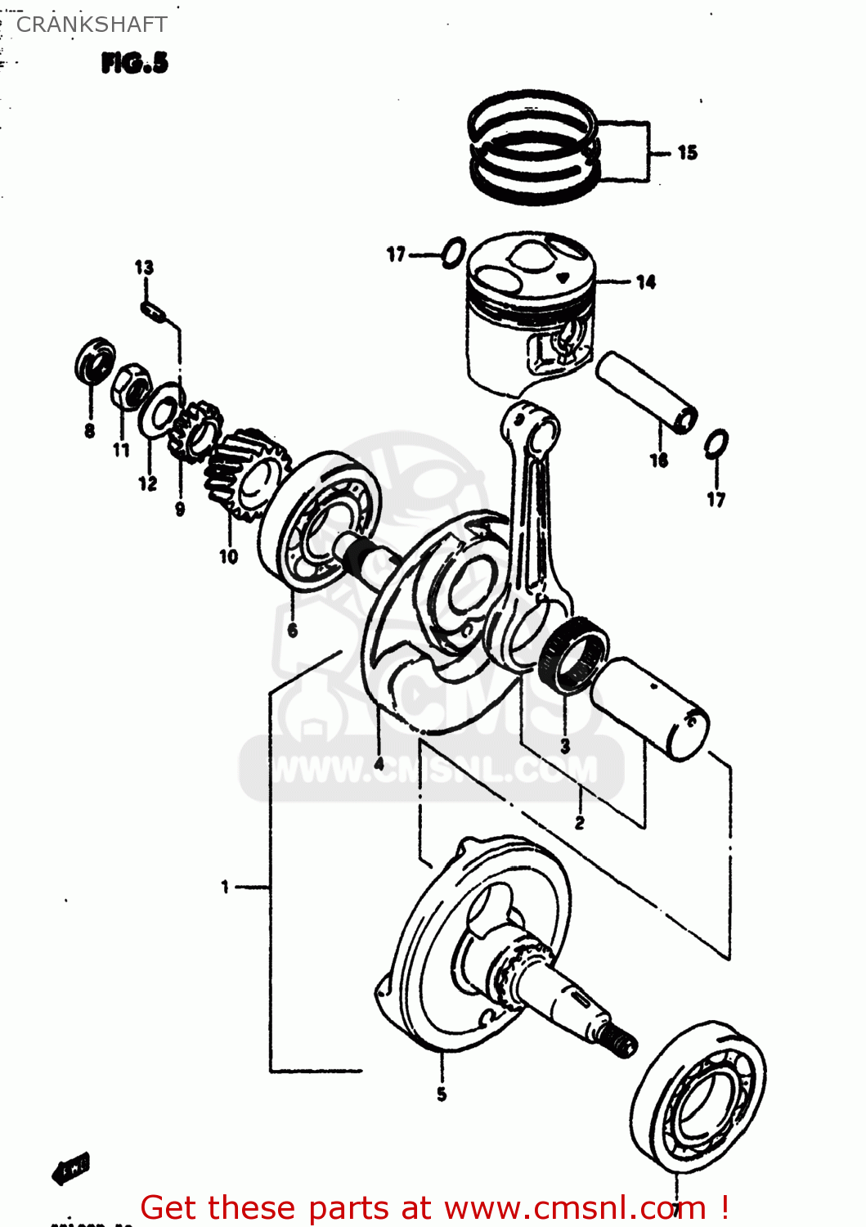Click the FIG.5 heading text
135,63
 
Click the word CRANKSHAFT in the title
92,25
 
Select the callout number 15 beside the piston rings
687,152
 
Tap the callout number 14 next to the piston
646,282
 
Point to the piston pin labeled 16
646,390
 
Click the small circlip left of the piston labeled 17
454,254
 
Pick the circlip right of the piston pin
716,444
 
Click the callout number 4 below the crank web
379,763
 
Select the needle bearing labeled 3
574,655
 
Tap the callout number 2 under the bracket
580,822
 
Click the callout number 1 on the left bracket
225,886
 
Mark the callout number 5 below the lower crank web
442,1094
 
